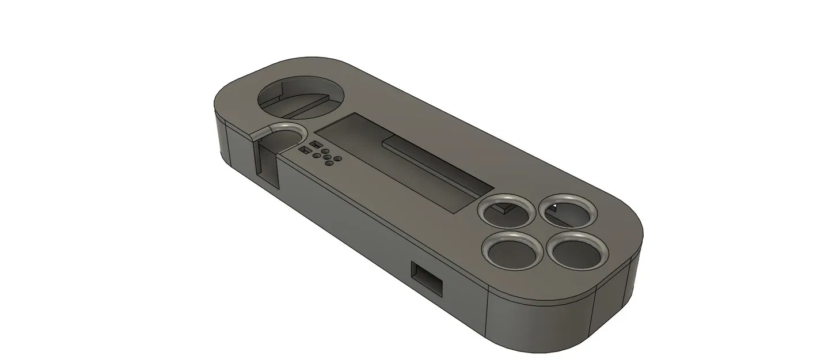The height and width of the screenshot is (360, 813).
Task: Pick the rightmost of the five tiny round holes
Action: coord(337,160)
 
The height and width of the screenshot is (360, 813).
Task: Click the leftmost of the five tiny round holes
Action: coord(316,154)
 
